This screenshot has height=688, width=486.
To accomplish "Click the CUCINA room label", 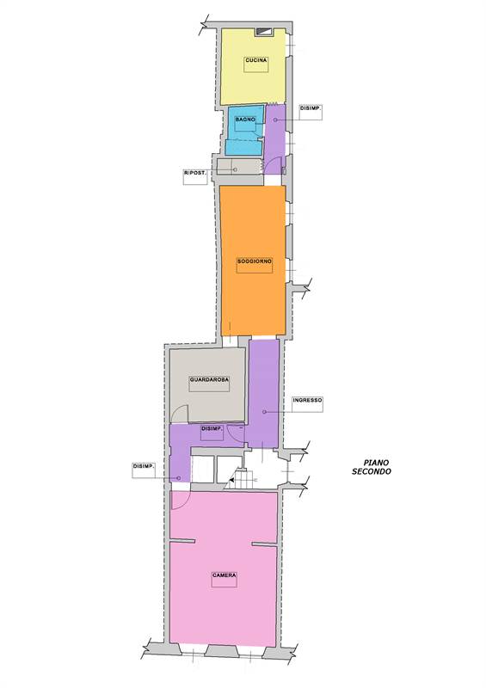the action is [256, 60].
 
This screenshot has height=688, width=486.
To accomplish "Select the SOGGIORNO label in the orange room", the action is [255, 261].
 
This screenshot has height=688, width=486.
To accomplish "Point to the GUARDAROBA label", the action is [209, 379].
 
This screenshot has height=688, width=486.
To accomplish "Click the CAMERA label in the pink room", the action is [225, 575].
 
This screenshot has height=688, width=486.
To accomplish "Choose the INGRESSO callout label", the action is [307, 400].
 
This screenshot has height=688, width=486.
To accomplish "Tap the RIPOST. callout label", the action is [195, 174].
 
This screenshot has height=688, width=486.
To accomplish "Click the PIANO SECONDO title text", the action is [372, 467].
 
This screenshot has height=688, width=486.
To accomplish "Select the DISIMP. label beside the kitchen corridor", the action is [311, 108].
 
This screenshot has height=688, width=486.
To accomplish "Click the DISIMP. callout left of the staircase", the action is [144, 466].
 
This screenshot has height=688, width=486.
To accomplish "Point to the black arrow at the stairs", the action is [231, 481].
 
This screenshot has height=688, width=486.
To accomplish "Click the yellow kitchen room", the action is [253, 67].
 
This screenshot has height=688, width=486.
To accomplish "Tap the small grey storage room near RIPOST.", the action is [240, 166].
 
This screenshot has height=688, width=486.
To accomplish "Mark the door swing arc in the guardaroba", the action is [180, 413].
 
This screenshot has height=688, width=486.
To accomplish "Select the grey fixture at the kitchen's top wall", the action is [265, 32].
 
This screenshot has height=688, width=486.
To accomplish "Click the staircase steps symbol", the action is [243, 478].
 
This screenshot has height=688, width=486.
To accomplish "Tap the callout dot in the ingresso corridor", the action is [264, 412].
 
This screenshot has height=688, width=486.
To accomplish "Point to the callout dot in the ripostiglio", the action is [235, 169].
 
